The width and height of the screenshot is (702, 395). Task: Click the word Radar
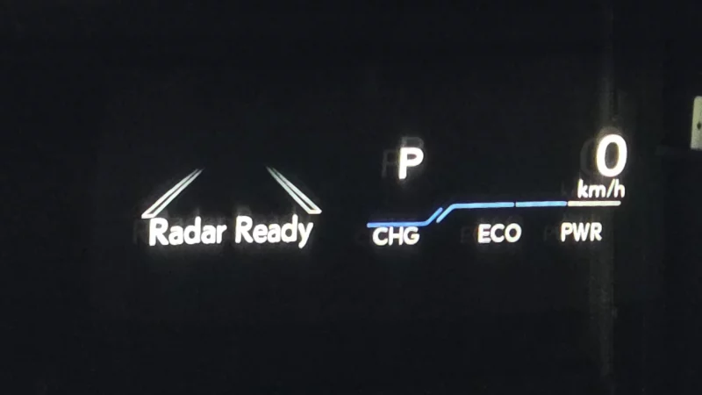tap(187, 232)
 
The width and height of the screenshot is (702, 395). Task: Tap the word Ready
tap(274, 231)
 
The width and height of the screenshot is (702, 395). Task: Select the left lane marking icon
tap(172, 193)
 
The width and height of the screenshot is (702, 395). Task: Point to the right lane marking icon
tap(294, 190)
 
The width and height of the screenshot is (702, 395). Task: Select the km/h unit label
tap(601, 190)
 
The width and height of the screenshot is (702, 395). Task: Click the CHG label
tap(396, 236)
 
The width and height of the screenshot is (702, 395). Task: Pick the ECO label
tap(499, 233)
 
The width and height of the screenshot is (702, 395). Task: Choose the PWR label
tap(581, 233)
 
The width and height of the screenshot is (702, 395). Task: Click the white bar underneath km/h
tap(594, 204)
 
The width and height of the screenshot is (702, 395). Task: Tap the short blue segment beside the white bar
tap(541, 205)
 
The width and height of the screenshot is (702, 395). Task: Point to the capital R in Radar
tap(158, 232)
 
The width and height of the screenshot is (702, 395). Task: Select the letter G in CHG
tap(411, 236)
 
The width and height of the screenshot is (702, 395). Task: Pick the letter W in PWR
tap(581, 233)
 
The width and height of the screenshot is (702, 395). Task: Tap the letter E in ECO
tap(484, 233)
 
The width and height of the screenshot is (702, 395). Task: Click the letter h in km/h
tap(620, 190)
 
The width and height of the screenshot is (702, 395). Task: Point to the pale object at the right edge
tap(697, 123)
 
